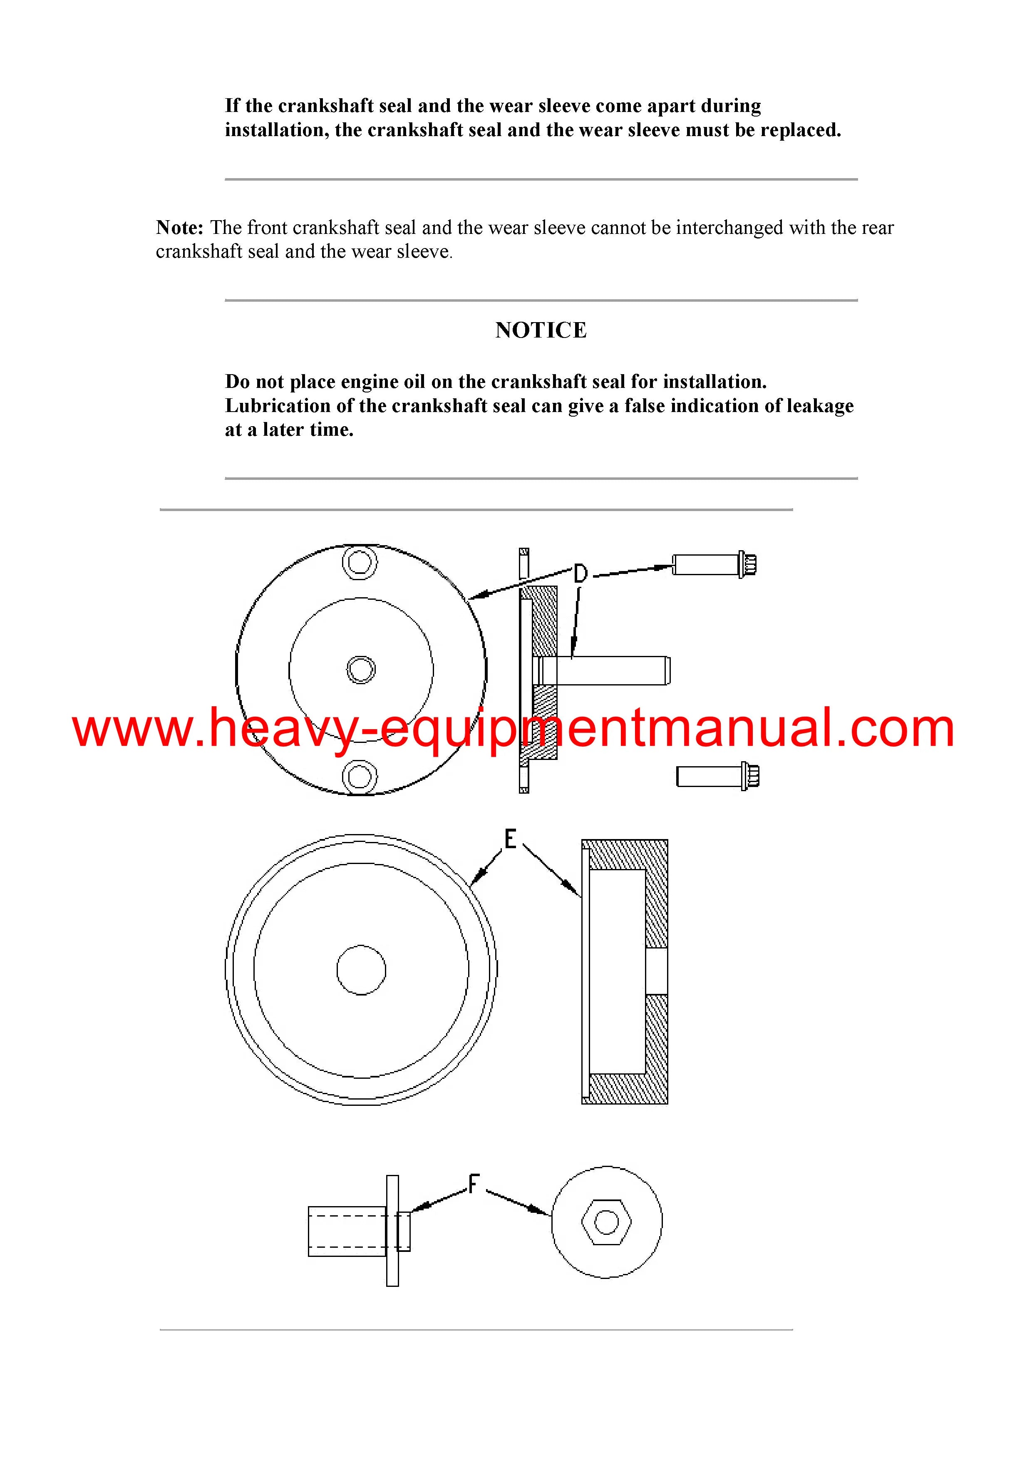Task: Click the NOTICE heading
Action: pos(541,330)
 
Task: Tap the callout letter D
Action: pos(580,574)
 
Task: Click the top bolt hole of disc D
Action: pos(360,562)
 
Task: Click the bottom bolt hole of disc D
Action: pos(360,777)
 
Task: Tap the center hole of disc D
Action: pos(361,670)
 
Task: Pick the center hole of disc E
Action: pos(361,970)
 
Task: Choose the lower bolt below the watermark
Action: pos(718,777)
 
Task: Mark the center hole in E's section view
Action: pos(657,971)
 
